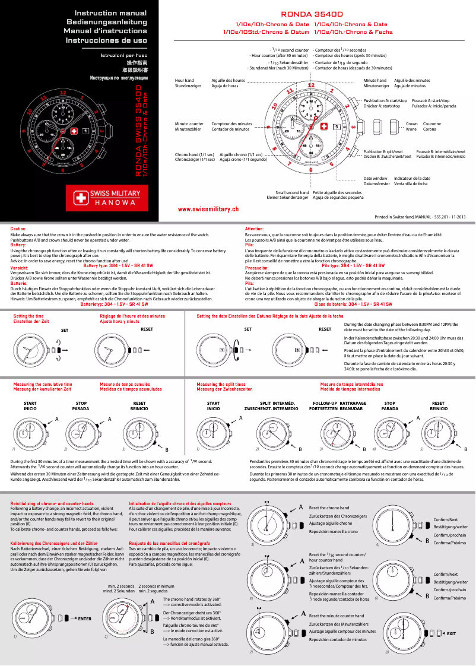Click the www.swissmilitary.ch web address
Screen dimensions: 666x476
[x=208, y=209]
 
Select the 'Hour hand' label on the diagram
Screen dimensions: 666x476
[x=185, y=80]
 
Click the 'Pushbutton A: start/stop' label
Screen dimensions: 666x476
[x=385, y=101]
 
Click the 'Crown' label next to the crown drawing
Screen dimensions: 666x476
[x=411, y=124]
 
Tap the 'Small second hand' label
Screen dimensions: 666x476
[x=288, y=192]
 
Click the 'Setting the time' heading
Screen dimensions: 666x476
[x=28, y=316]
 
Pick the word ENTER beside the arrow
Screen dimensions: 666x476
[x=84, y=619]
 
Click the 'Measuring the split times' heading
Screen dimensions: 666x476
[x=221, y=385]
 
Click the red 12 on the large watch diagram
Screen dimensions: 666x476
[x=310, y=85]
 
